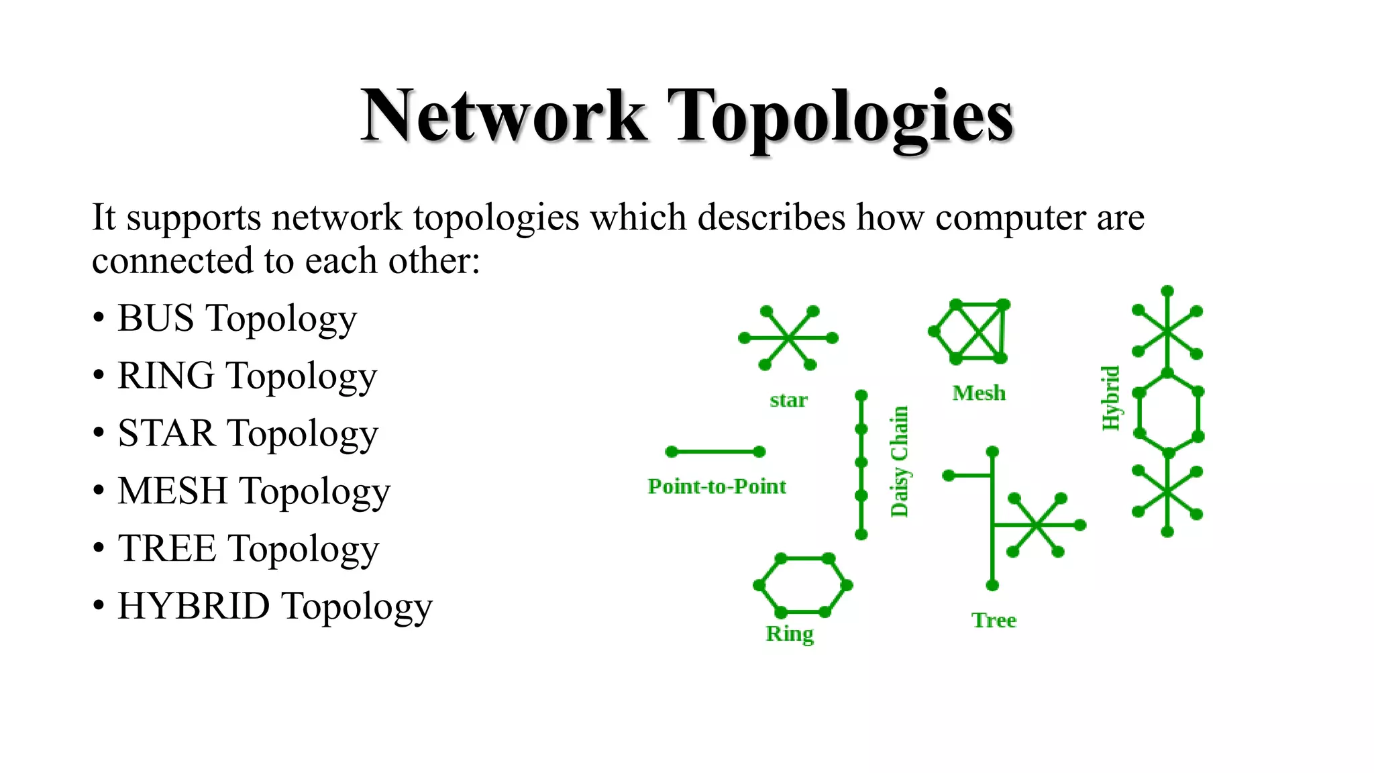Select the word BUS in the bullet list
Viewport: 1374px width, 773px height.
click(156, 318)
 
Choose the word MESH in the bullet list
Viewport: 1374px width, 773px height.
click(172, 491)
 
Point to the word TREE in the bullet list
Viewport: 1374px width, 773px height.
click(167, 549)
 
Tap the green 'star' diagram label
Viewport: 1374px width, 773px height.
click(788, 400)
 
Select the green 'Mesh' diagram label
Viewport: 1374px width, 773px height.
click(979, 393)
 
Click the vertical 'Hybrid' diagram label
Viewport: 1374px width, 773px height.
click(1111, 398)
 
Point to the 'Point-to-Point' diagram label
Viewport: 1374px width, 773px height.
click(717, 486)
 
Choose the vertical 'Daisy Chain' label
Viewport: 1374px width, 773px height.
click(899, 462)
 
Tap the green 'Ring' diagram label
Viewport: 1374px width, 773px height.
click(790, 633)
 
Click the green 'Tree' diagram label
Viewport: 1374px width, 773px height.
click(994, 621)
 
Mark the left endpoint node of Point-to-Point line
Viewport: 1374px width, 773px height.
click(672, 452)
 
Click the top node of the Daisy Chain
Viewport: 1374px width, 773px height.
click(861, 395)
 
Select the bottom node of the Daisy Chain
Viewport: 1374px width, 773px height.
click(861, 534)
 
